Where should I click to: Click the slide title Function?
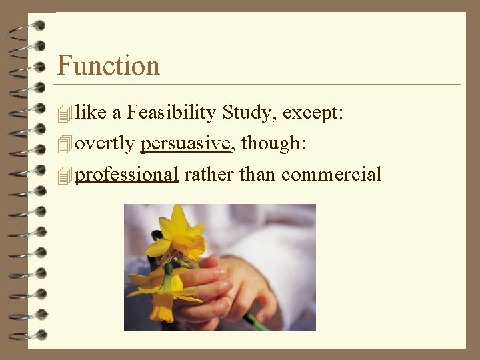(x=109, y=65)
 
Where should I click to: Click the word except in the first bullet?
(x=311, y=113)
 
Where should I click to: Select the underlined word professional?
(x=127, y=175)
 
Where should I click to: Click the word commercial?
(x=331, y=175)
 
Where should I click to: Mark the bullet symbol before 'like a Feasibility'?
(x=64, y=114)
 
